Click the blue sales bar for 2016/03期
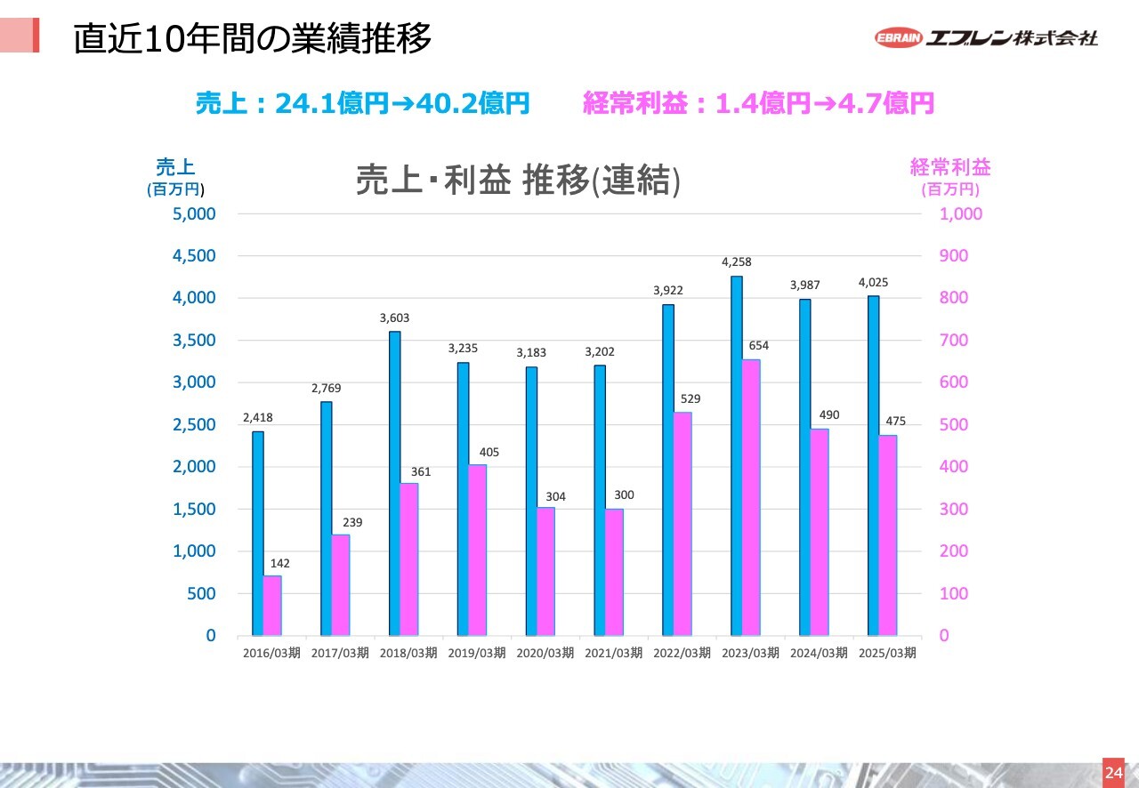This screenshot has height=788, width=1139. click(x=258, y=534)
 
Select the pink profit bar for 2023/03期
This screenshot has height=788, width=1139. click(x=751, y=498)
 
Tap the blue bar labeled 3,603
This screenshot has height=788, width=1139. click(x=394, y=484)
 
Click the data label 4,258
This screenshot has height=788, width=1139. click(x=737, y=262)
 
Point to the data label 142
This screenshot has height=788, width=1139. click(x=280, y=564)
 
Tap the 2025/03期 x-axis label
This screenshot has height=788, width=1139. click(x=886, y=653)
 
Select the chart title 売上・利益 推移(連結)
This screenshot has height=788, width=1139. click(x=518, y=180)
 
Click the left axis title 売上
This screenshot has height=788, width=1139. click(x=175, y=166)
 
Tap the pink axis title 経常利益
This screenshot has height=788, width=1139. click(x=950, y=166)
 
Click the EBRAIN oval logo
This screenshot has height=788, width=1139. click(x=898, y=38)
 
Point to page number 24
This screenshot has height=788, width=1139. click(x=1113, y=772)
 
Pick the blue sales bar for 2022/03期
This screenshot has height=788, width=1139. click(x=668, y=470)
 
